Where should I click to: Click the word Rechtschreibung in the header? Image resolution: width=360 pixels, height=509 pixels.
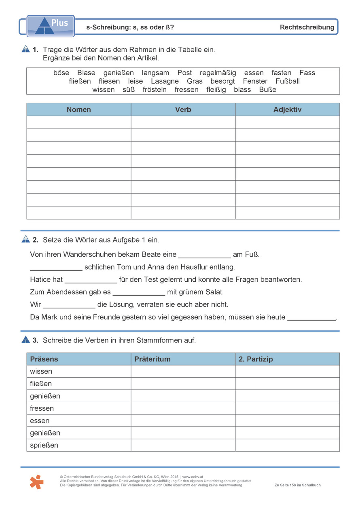click(x=307, y=27)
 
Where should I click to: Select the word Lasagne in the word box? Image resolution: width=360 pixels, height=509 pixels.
click(x=165, y=81)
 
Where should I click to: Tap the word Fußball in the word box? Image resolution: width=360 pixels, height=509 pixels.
click(x=288, y=81)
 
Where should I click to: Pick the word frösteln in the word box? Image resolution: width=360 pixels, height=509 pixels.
click(x=155, y=90)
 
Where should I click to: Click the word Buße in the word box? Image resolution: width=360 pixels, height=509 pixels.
click(x=268, y=90)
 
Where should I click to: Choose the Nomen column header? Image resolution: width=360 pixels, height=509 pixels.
click(x=79, y=110)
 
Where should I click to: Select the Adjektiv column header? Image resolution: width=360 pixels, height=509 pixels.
click(x=287, y=110)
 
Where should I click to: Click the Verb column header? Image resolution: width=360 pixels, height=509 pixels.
click(x=183, y=110)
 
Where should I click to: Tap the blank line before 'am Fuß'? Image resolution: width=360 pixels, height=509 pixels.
click(x=204, y=256)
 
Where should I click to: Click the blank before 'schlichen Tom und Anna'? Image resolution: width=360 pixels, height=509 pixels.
click(x=56, y=268)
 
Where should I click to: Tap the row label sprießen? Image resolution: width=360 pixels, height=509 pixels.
click(x=44, y=445)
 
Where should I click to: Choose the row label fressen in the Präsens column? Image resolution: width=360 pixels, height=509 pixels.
click(x=42, y=408)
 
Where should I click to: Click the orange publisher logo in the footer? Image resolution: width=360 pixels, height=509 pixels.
click(x=36, y=482)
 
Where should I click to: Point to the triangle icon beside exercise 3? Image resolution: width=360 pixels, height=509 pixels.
click(x=25, y=340)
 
